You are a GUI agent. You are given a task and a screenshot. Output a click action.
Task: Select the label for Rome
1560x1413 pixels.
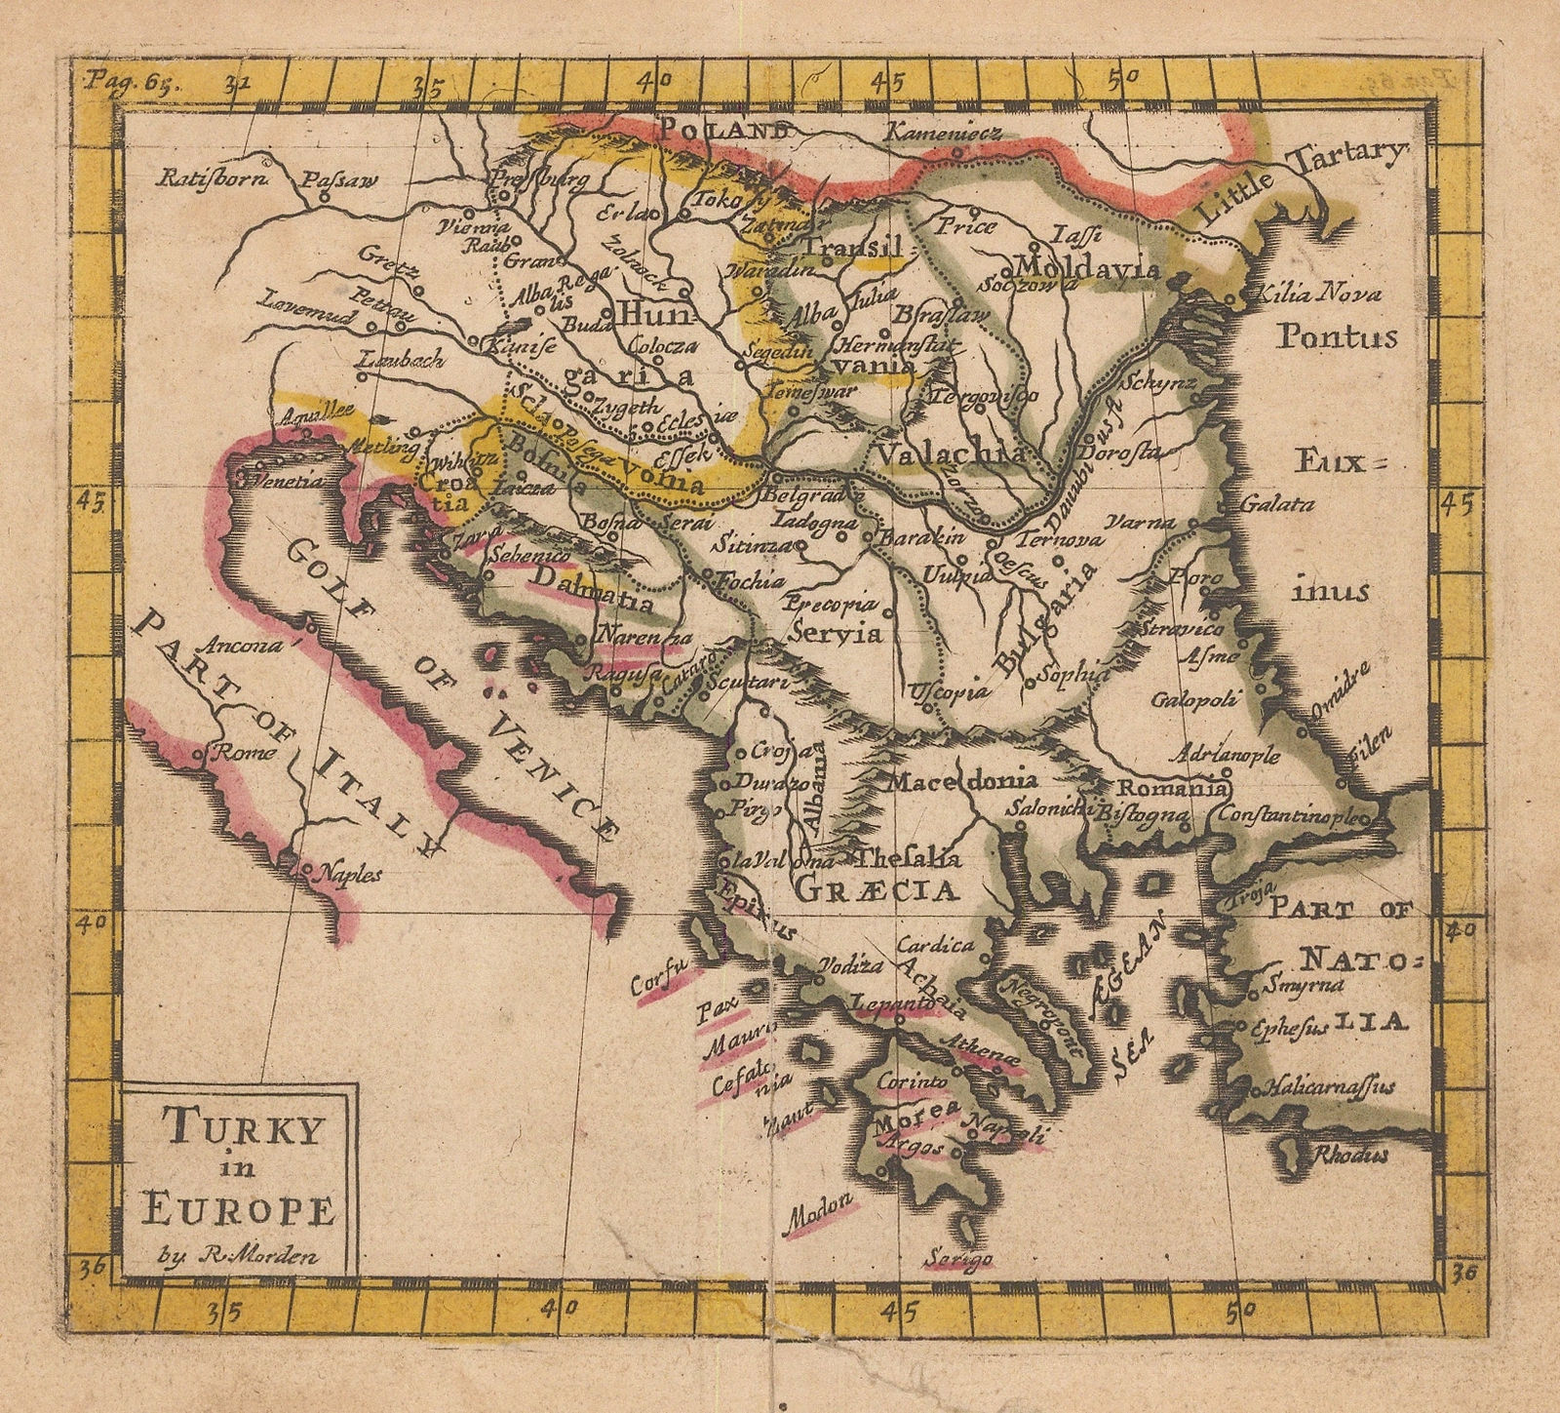point(231,753)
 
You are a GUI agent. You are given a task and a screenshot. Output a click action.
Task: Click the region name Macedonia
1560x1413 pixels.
point(960,780)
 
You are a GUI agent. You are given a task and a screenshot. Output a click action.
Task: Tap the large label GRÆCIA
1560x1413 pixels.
point(877,889)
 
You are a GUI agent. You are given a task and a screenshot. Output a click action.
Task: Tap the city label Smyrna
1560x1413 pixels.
point(1296,985)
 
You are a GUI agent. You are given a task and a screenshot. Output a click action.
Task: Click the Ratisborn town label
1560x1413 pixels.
point(204,177)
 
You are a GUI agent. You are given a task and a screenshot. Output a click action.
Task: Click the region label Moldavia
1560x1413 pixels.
point(1085,268)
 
